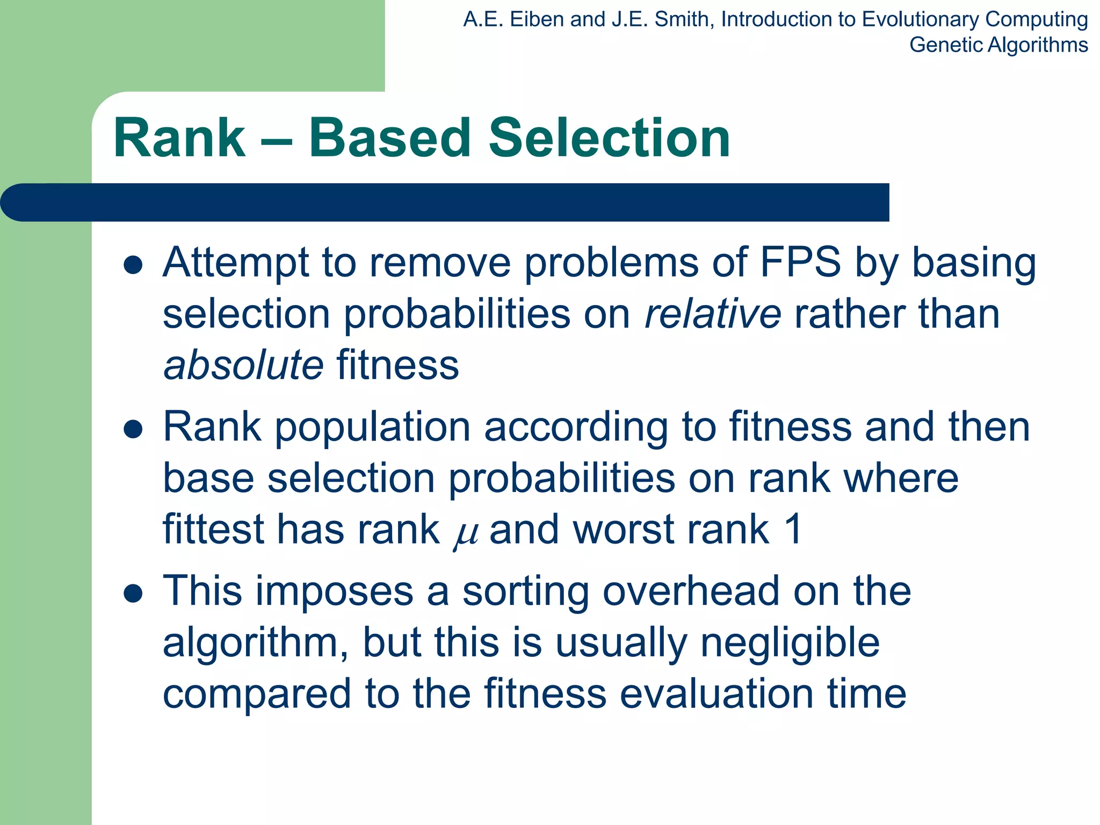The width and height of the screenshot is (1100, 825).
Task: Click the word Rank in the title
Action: coord(179,139)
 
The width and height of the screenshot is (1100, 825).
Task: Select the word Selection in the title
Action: coord(609,139)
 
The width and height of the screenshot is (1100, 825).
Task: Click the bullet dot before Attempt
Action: coord(133,265)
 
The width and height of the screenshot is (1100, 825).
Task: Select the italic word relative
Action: coord(712,314)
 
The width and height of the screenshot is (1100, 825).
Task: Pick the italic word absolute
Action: coord(243,365)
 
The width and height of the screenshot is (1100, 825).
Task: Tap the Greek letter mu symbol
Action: coord(465,533)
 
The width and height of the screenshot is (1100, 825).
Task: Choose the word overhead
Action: coord(690,591)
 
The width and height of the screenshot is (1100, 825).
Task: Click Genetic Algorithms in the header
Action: coord(998,45)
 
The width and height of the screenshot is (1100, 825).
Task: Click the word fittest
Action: coord(213,530)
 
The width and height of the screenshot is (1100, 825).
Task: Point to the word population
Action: coord(373,427)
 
